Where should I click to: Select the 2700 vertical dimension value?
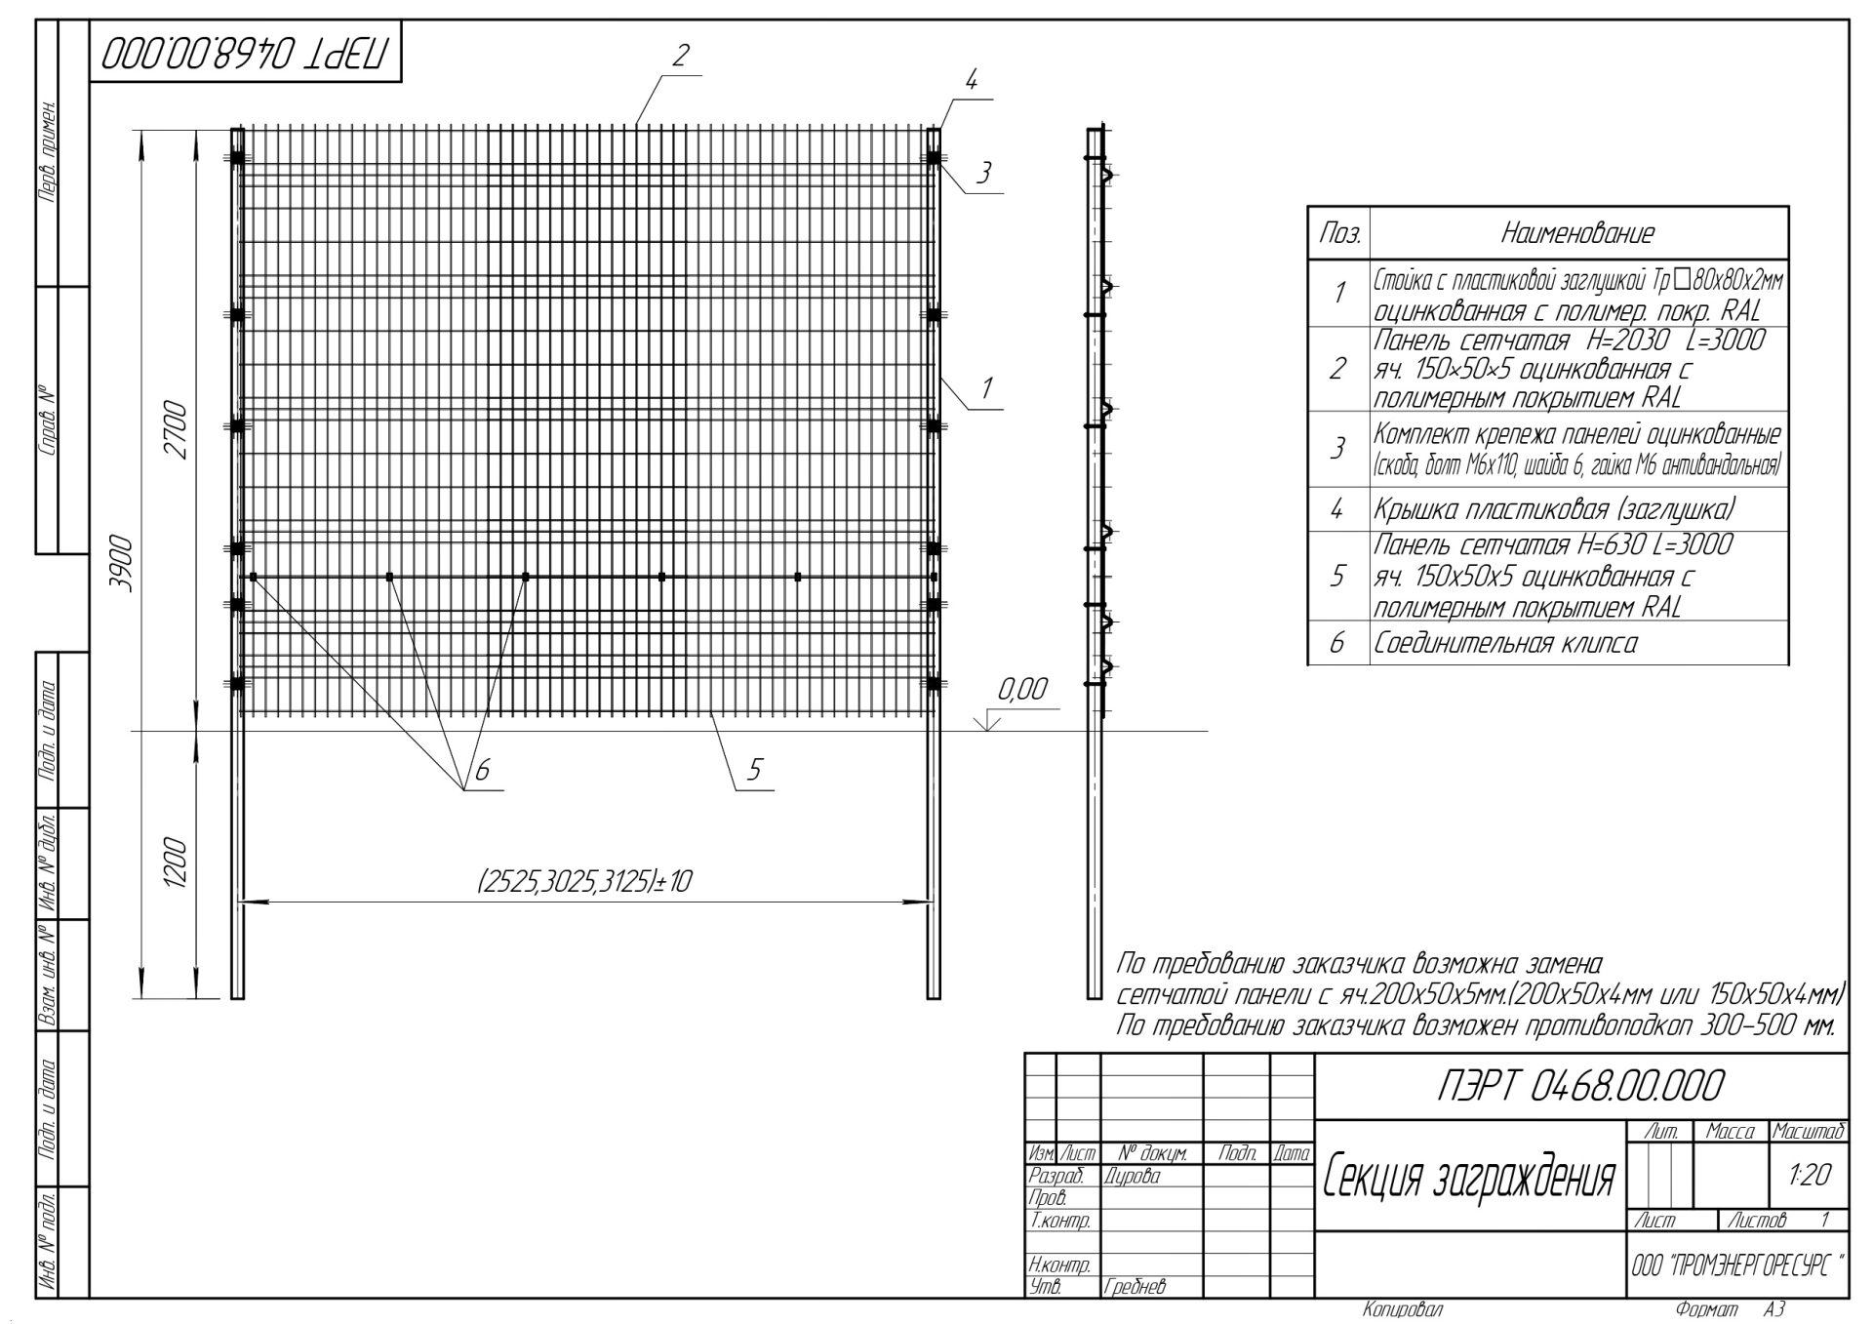click(x=177, y=429)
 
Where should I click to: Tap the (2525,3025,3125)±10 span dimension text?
click(x=584, y=882)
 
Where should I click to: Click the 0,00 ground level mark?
click(x=1021, y=691)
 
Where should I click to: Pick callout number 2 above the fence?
click(x=681, y=56)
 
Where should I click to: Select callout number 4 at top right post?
click(x=971, y=81)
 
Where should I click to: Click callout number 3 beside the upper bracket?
click(x=983, y=174)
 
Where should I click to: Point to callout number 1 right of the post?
click(x=986, y=387)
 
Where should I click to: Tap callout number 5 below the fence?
click(x=754, y=770)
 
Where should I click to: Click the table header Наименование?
click(x=1577, y=233)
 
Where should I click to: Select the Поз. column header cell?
click(x=1339, y=234)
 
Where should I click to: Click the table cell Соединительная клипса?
click(x=1505, y=644)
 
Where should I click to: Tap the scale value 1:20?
click(x=1810, y=1176)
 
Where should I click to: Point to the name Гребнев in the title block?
click(x=1136, y=1288)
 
